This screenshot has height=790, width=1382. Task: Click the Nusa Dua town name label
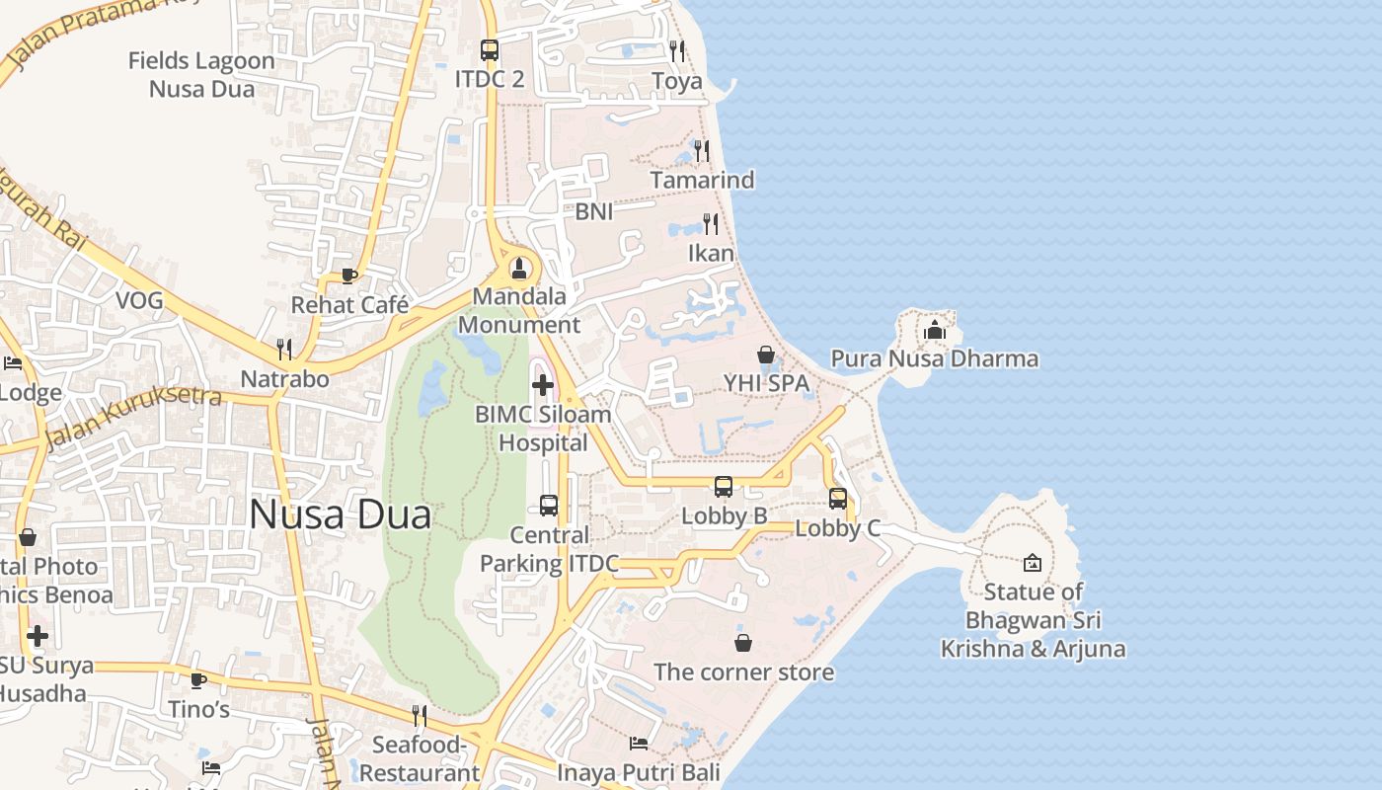(x=340, y=514)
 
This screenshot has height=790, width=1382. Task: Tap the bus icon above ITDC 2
(x=489, y=49)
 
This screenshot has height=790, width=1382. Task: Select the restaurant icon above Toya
(x=677, y=49)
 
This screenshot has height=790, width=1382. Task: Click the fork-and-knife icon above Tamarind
(x=701, y=150)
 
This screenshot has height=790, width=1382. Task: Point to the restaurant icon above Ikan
(x=711, y=223)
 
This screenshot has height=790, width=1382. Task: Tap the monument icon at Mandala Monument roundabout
(x=519, y=268)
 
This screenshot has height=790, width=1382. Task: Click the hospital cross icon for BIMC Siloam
(x=542, y=384)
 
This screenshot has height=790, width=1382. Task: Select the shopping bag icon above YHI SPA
(x=765, y=354)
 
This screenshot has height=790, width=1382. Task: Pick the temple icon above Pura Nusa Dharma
(x=935, y=330)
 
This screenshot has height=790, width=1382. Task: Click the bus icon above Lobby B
(x=724, y=487)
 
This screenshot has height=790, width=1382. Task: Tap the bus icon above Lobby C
(x=838, y=499)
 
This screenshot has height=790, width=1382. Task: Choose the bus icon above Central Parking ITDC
(x=549, y=506)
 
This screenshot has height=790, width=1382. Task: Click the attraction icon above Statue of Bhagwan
(x=1032, y=563)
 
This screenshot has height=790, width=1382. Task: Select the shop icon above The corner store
(x=743, y=643)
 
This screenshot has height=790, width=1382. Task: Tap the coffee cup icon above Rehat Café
(x=348, y=276)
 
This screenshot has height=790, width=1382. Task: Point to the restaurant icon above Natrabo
(x=284, y=349)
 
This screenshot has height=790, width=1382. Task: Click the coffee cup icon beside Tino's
(x=198, y=680)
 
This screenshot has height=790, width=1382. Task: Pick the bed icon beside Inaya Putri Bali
(x=639, y=743)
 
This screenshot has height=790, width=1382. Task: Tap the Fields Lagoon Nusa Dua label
(x=201, y=74)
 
